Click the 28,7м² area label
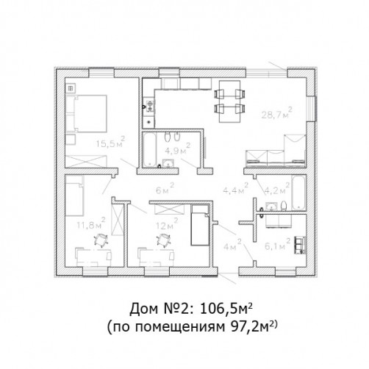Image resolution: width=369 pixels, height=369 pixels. coord(276,113)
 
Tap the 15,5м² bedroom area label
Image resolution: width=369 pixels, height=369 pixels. coord(110,143)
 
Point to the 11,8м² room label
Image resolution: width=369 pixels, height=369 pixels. coord(91,223)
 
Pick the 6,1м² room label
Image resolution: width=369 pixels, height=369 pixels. coord(278,244)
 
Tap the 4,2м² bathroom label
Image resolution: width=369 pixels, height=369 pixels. coord(276,188)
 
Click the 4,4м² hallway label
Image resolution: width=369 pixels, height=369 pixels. coord(236,188)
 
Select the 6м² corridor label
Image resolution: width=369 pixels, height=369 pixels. coord(165,189)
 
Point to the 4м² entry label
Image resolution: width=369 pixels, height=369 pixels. coord(232,245)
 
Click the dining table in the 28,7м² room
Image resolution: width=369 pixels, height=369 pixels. coord(229,101)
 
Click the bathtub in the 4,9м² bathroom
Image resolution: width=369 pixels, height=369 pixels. coord(149,149)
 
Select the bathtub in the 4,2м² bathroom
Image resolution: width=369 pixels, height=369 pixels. coord(298,193)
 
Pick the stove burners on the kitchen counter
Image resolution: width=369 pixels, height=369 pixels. coord(149,106)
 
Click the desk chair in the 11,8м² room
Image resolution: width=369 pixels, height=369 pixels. coord(101,240)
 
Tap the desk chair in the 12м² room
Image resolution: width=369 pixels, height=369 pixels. coord(164,240)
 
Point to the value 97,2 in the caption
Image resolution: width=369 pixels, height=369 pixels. coord(246,327)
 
